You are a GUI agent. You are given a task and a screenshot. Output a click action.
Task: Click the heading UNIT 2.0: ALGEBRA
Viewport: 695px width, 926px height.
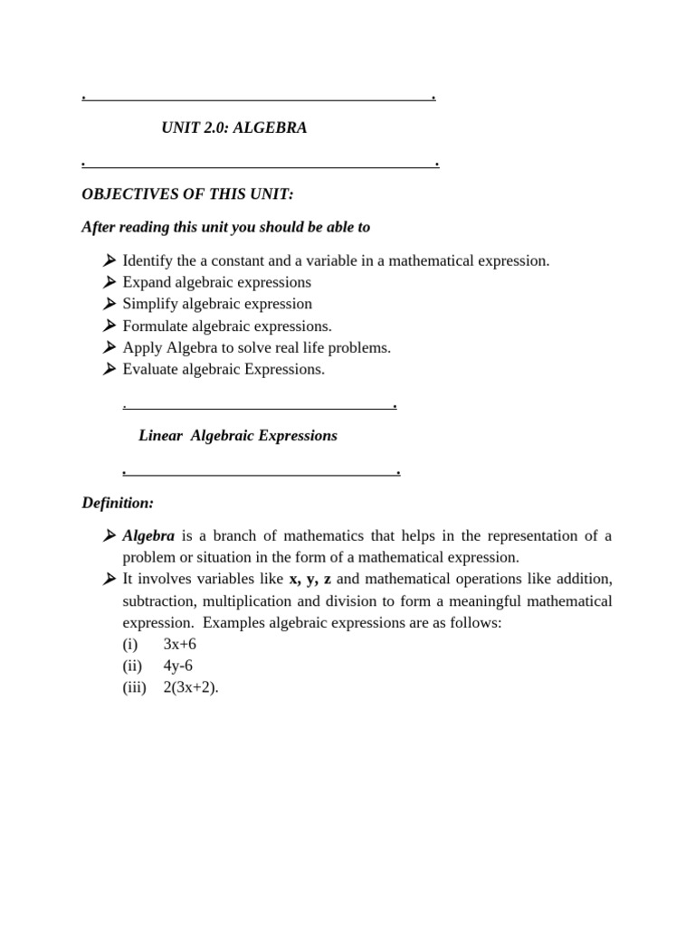pyautogui.click(x=233, y=128)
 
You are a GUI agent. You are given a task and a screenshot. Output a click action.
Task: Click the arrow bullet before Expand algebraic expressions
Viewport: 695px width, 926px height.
pyautogui.click(x=109, y=282)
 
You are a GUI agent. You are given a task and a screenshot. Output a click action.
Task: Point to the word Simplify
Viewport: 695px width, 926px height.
pyautogui.click(x=149, y=304)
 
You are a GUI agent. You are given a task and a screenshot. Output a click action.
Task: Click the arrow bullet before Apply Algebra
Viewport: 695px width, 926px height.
pyautogui.click(x=109, y=347)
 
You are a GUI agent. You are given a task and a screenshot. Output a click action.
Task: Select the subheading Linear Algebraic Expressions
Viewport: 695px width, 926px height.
pyautogui.click(x=238, y=436)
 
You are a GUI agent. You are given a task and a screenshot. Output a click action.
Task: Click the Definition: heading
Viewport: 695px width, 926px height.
pyautogui.click(x=118, y=502)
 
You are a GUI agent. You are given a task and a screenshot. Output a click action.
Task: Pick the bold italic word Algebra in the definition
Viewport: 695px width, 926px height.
pyautogui.click(x=148, y=535)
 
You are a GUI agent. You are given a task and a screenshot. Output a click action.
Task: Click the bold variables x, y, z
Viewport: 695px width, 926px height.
pyautogui.click(x=309, y=579)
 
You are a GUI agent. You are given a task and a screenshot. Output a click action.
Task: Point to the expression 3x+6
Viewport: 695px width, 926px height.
pyautogui.click(x=180, y=644)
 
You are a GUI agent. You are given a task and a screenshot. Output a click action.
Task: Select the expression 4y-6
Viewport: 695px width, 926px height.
pyautogui.click(x=178, y=666)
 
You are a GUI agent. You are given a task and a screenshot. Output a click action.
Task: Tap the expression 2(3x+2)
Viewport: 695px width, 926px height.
pyautogui.click(x=191, y=687)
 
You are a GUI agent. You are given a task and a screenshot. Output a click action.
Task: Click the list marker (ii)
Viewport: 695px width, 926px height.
pyautogui.click(x=132, y=666)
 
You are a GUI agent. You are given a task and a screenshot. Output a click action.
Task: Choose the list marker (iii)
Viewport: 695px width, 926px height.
pyautogui.click(x=134, y=687)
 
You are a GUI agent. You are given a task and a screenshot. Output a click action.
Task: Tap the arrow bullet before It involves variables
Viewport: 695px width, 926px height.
pyautogui.click(x=109, y=579)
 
